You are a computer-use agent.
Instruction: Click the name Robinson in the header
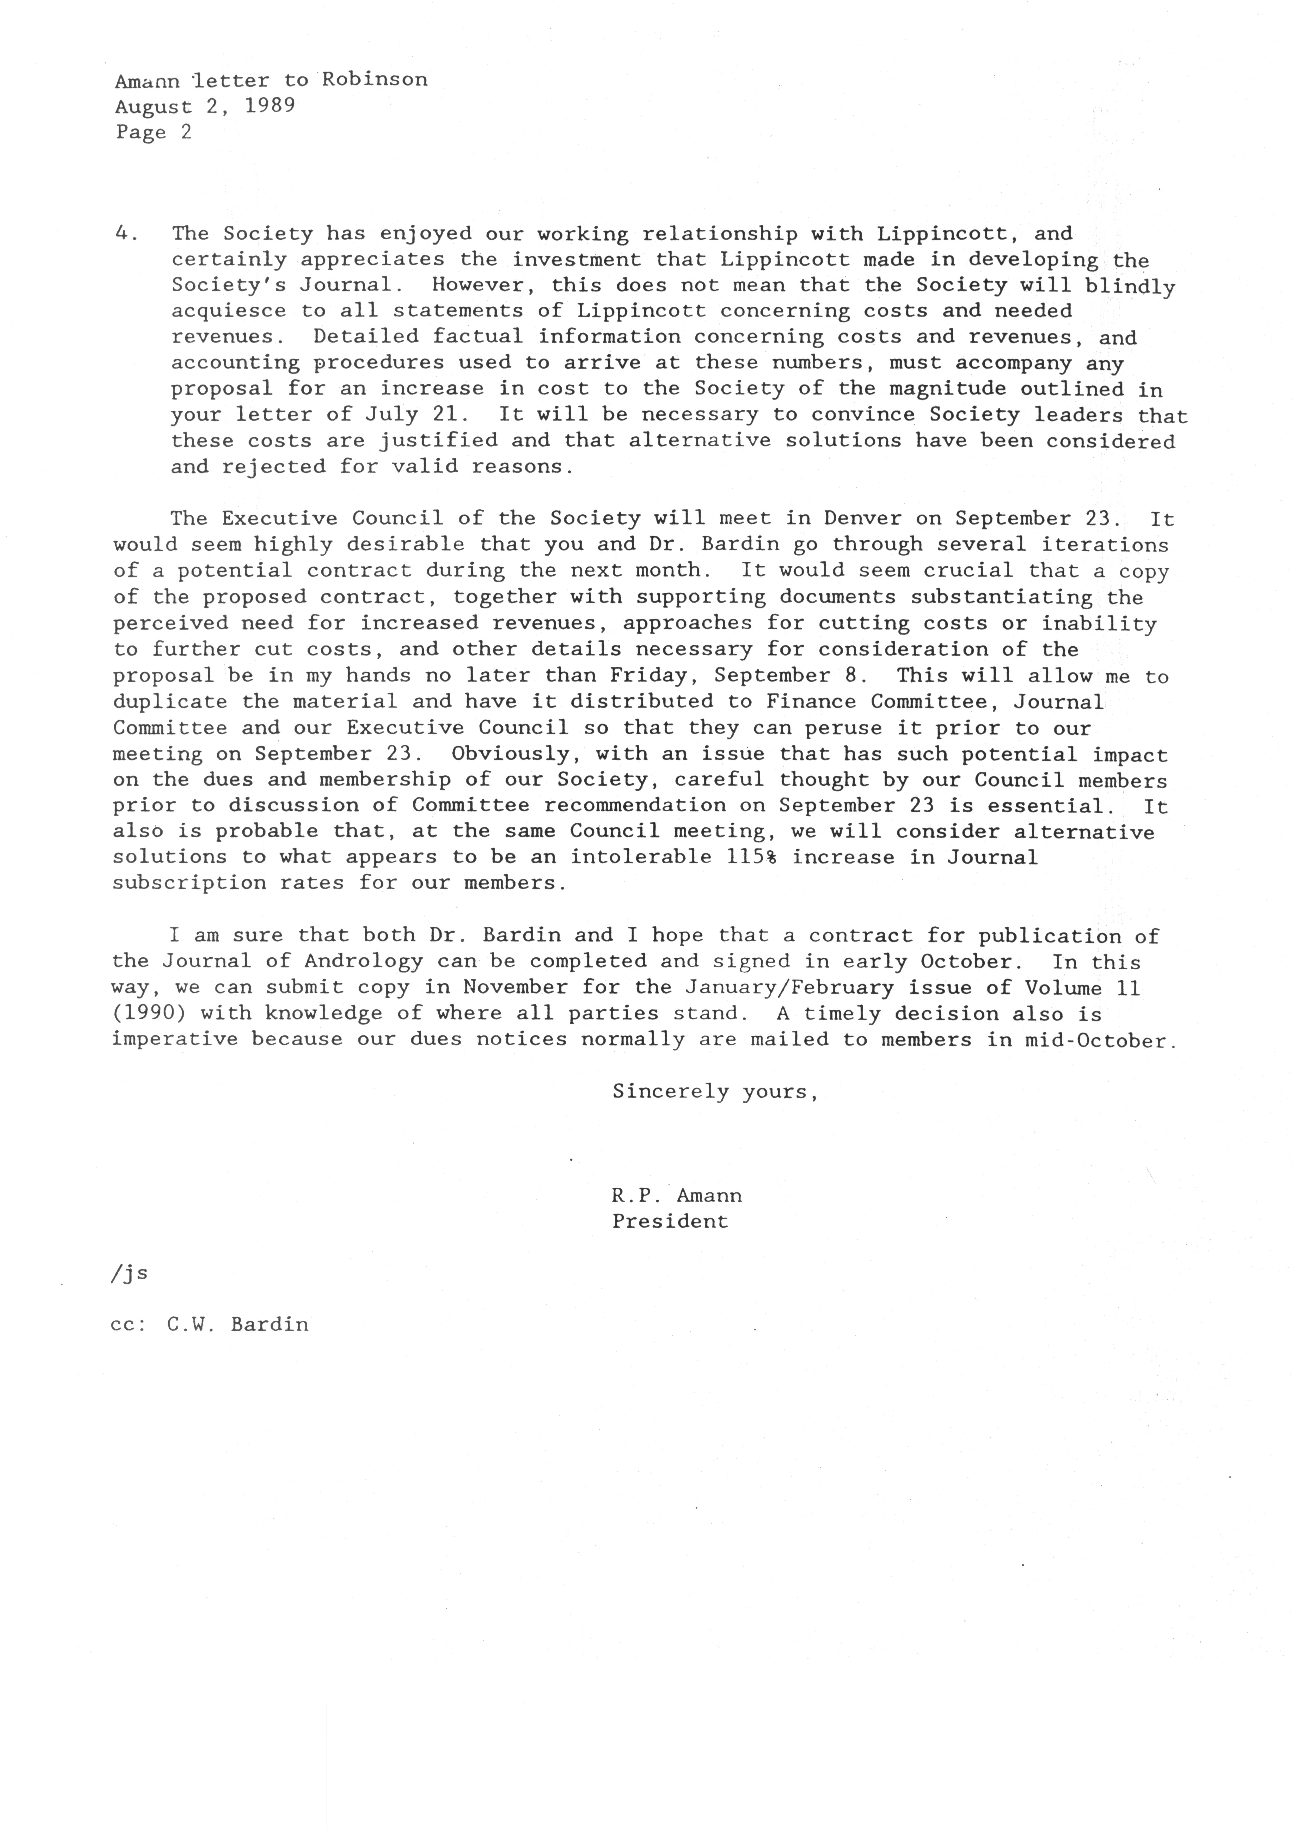point(375,80)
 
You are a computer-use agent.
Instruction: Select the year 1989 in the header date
point(270,106)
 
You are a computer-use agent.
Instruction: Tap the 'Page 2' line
point(154,132)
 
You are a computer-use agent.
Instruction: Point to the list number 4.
point(122,234)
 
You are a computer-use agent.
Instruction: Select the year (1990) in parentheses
point(149,1014)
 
